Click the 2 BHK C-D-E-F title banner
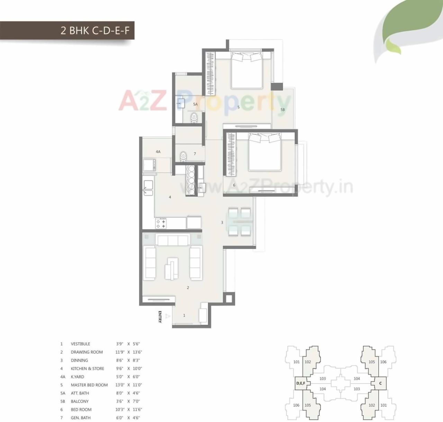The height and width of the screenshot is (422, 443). click(x=95, y=30)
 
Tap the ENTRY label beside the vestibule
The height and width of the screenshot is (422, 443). click(x=160, y=317)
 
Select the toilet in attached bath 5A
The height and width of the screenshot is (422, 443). click(x=194, y=117)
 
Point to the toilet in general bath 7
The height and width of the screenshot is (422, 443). click(x=183, y=157)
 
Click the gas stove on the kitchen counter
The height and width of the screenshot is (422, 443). click(x=161, y=223)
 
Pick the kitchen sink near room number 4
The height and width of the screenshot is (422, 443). click(x=148, y=187)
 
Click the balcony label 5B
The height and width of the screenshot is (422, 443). click(x=282, y=110)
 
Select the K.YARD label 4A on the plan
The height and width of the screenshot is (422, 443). click(x=158, y=152)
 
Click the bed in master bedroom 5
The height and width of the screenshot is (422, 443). click(x=246, y=70)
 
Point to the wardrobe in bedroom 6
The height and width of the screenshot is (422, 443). click(x=231, y=154)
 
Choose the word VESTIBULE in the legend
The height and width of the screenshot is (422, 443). click(x=80, y=344)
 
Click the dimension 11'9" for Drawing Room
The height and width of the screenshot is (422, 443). click(x=120, y=352)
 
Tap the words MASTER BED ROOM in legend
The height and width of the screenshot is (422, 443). click(x=89, y=385)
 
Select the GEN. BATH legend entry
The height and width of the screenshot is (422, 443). click(x=81, y=418)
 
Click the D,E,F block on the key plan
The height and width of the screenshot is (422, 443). click(x=300, y=383)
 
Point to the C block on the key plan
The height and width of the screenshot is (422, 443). click(x=380, y=383)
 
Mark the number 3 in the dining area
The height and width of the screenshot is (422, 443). click(x=222, y=222)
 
